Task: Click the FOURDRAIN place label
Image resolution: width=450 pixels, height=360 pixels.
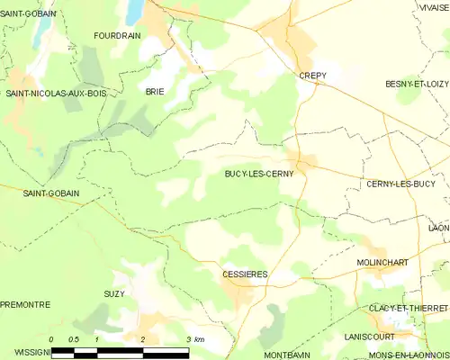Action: [x=118, y=35]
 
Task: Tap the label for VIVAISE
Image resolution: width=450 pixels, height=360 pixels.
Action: [x=433, y=6]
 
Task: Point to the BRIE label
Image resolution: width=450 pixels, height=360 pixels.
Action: [x=155, y=92]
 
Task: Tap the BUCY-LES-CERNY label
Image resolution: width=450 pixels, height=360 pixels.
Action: [x=258, y=174]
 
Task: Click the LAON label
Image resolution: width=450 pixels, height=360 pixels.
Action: [x=439, y=229]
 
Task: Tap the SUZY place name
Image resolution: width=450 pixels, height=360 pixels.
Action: [x=114, y=293]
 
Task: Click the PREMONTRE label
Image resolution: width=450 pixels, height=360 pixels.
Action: [x=24, y=305]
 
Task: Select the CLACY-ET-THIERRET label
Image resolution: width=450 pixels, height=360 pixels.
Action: [x=409, y=308]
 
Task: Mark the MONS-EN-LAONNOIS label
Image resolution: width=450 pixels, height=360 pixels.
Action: [x=409, y=355]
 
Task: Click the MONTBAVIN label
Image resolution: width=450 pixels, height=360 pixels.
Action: [x=288, y=355]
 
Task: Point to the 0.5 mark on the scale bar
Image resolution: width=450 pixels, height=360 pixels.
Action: [x=74, y=338]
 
